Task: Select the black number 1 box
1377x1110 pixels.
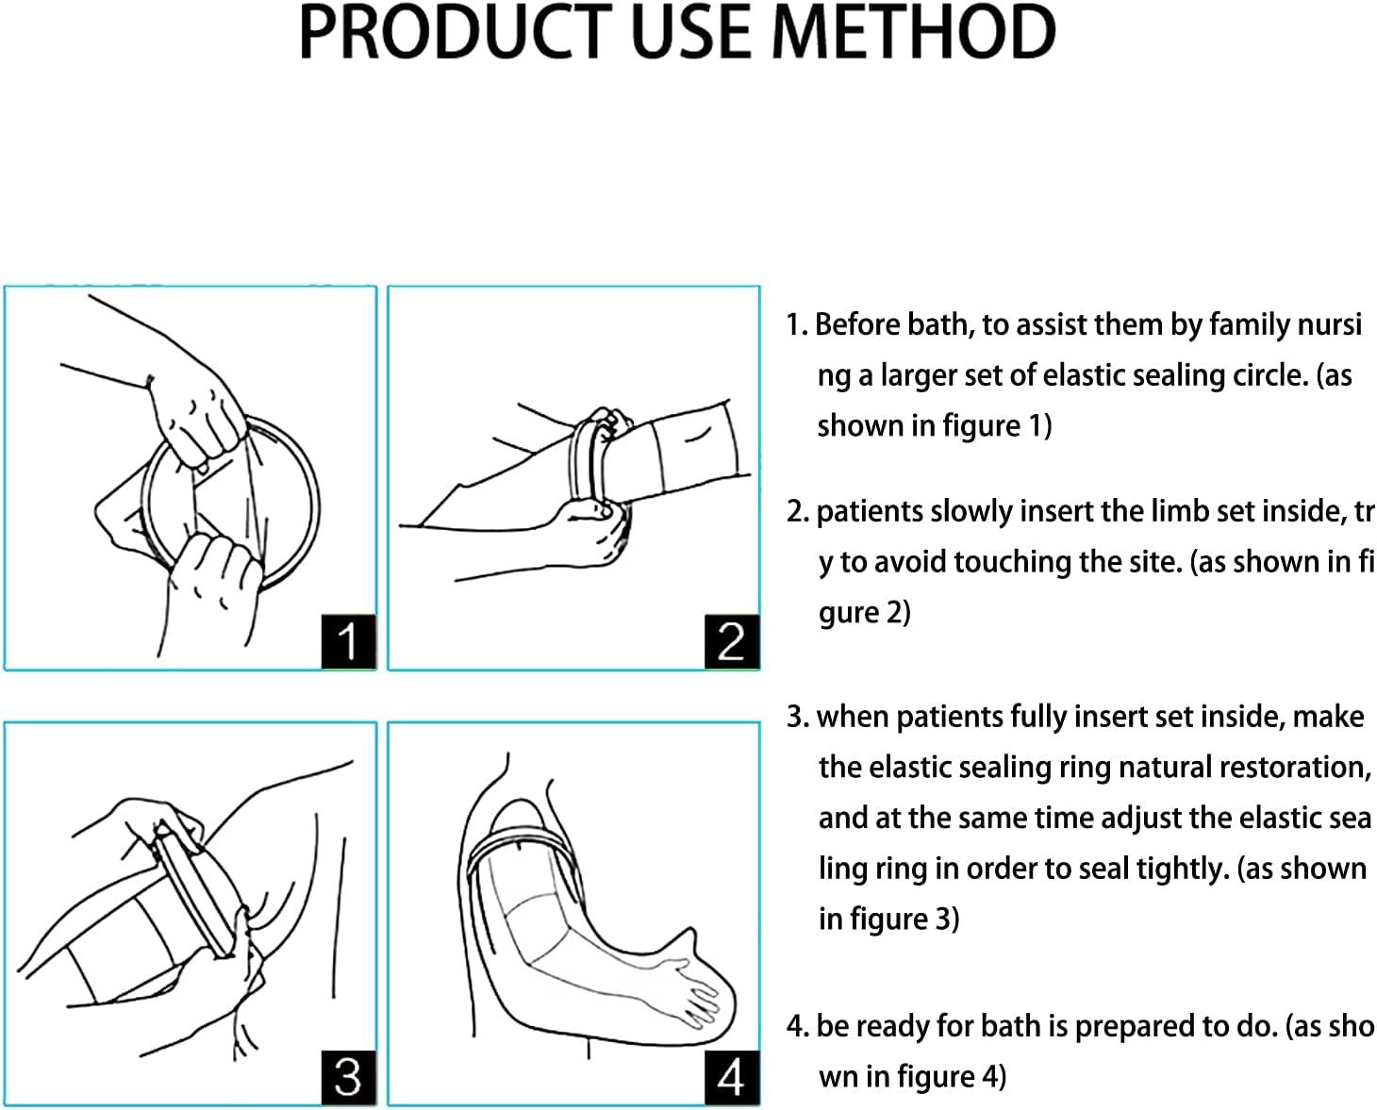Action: coord(348,641)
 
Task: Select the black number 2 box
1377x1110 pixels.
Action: coord(731,641)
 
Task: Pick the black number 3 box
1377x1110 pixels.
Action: coord(348,1077)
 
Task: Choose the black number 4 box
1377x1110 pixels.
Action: coord(731,1077)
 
